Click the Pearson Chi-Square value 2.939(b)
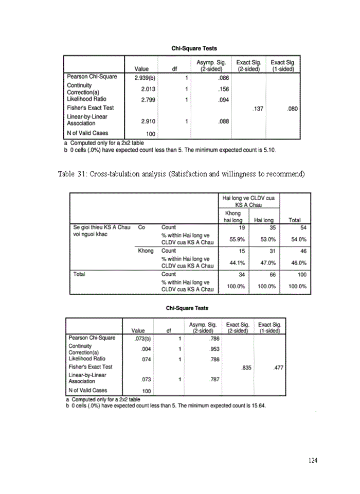tap(145, 78)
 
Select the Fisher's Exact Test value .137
tap(256, 109)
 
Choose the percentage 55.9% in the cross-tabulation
tap(237, 239)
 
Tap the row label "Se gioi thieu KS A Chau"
tap(101, 227)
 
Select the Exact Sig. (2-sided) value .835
tap(246, 367)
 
